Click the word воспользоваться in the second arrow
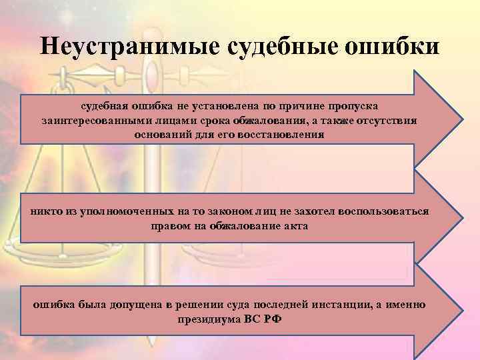[x=384, y=211]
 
